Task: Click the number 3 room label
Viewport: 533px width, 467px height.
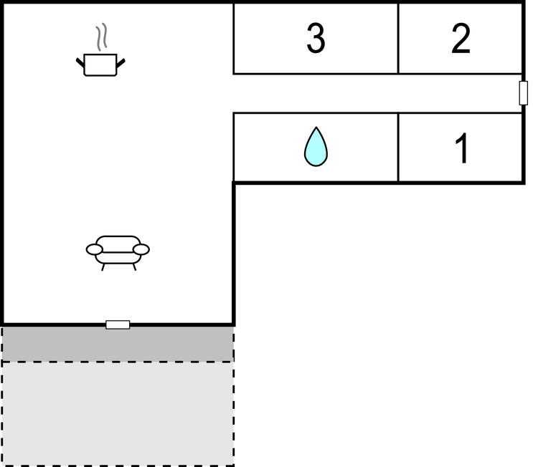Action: pos(316,38)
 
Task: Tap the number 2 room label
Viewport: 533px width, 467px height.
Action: pos(461,39)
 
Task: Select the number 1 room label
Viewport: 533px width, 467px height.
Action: pos(462,148)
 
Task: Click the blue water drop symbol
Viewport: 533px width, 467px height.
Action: pos(316,147)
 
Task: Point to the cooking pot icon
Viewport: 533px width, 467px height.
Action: pos(100,64)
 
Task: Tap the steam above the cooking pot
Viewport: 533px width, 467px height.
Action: pos(101,37)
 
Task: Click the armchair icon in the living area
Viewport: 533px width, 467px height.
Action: pos(118,253)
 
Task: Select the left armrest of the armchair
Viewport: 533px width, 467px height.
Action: pos(94,249)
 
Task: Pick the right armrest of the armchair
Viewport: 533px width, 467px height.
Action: pos(141,249)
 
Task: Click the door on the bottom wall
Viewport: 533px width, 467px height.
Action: pos(118,324)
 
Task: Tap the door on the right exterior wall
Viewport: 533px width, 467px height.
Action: pos(524,93)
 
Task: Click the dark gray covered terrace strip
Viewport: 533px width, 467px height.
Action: pos(118,344)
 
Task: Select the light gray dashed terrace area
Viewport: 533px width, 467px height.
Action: pos(118,414)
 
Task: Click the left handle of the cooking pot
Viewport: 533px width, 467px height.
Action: pos(80,63)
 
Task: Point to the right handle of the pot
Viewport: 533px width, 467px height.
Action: pos(121,63)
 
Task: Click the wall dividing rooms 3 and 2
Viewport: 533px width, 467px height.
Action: pos(398,39)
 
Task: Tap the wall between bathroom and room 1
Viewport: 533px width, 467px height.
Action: pos(398,148)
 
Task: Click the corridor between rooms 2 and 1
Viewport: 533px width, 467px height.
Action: pos(377,93)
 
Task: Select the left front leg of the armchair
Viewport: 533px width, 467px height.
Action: pos(103,267)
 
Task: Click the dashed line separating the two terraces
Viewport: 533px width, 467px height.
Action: pos(118,362)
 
